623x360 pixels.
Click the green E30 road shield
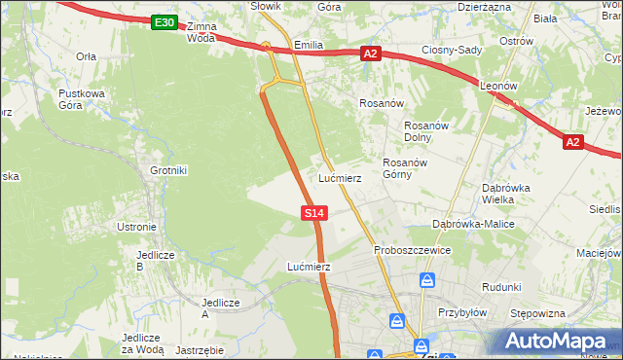click(x=165, y=22)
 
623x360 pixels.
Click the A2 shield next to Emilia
click(x=370, y=54)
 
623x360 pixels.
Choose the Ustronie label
click(x=136, y=227)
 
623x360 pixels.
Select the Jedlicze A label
click(x=219, y=308)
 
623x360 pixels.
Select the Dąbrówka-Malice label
click(x=473, y=224)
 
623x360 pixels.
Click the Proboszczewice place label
click(x=413, y=250)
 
